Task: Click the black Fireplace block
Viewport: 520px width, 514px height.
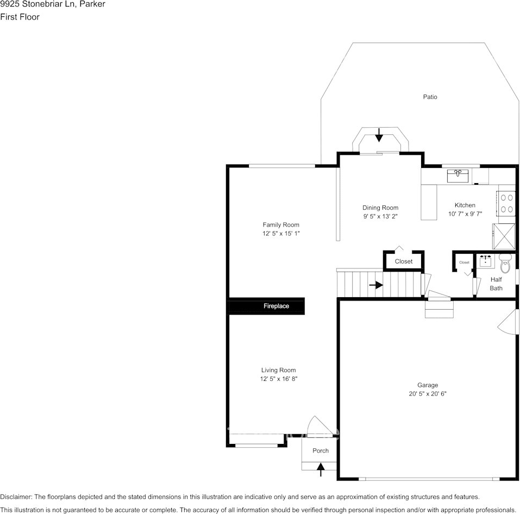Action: (266, 306)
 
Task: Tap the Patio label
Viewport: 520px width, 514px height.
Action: (430, 97)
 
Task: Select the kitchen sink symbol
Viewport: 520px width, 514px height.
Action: (458, 175)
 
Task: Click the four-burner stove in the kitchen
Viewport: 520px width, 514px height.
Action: (506, 203)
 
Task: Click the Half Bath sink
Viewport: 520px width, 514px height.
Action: (485, 261)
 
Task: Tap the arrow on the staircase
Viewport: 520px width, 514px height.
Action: (375, 285)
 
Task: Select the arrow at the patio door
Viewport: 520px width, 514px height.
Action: (379, 135)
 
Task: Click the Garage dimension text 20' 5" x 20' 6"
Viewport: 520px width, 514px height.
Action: (428, 393)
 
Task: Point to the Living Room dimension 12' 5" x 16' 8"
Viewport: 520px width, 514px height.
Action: (278, 379)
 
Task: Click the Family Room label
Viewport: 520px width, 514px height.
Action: (281, 224)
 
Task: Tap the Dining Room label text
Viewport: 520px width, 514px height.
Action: (380, 208)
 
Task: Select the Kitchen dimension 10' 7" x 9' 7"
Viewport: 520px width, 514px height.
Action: (465, 214)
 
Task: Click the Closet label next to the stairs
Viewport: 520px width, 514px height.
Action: (403, 261)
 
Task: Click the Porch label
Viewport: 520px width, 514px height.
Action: (320, 450)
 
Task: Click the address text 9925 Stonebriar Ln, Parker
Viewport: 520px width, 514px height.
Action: (53, 4)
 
